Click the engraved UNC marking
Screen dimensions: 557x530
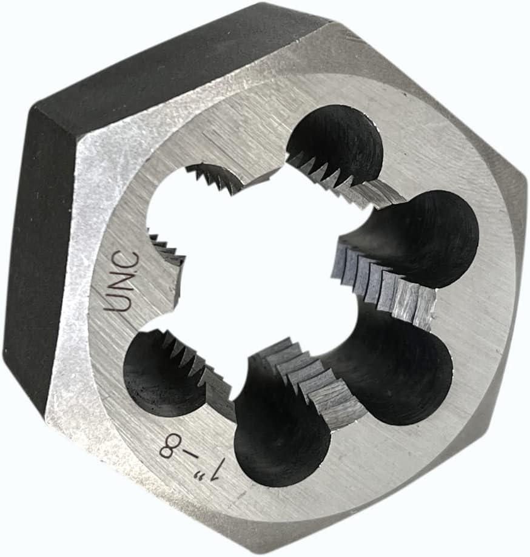point(122,281)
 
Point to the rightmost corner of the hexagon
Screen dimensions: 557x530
point(525,182)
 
